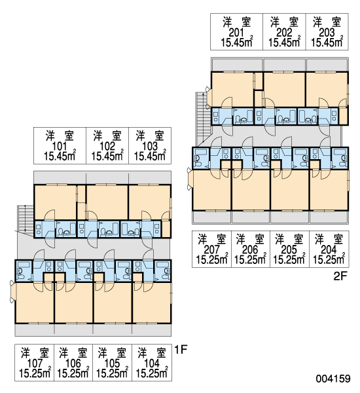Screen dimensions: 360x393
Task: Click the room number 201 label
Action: (236, 33)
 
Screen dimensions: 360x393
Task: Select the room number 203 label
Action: (327, 33)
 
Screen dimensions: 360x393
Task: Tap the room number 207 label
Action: (211, 250)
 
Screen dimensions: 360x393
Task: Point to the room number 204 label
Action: (329, 250)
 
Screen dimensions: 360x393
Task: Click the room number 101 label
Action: (60, 146)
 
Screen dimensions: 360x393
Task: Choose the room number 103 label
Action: (150, 146)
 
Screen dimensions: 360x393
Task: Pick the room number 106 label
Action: (73, 363)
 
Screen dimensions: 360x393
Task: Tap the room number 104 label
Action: (152, 363)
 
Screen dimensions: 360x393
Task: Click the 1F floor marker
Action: (181, 349)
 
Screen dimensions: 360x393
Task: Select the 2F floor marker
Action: (340, 276)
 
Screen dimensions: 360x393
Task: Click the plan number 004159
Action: (333, 379)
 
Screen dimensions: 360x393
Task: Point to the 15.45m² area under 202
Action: (284, 42)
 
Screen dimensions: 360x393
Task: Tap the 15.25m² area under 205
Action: (289, 259)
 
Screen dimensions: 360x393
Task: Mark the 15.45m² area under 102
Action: (107, 156)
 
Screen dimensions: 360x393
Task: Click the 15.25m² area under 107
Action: (35, 373)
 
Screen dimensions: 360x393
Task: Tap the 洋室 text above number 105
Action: (112, 353)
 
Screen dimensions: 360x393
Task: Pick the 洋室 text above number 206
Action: (250, 239)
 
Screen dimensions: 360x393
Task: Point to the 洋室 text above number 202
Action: (284, 22)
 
